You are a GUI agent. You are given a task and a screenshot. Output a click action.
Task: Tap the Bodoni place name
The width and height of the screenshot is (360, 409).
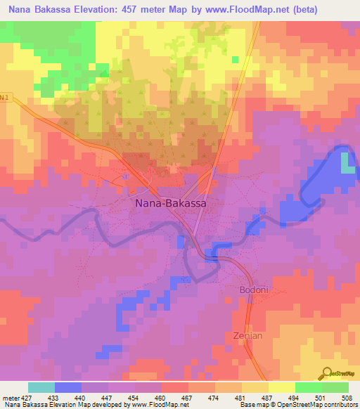click(x=249, y=290)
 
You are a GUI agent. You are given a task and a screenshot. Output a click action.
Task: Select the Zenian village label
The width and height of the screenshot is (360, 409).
click(x=247, y=335)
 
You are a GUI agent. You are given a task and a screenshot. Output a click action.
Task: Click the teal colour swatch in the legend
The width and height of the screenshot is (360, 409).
click(x=41, y=387)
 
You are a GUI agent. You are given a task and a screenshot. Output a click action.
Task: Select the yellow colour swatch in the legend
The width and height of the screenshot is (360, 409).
click(x=281, y=387)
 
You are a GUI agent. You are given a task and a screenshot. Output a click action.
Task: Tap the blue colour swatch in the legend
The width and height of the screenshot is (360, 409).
click(x=67, y=387)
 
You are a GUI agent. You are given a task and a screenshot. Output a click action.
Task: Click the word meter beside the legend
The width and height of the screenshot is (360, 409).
click(x=10, y=397)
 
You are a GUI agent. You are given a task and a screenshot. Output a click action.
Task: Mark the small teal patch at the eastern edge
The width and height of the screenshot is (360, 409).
click(x=347, y=163)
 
